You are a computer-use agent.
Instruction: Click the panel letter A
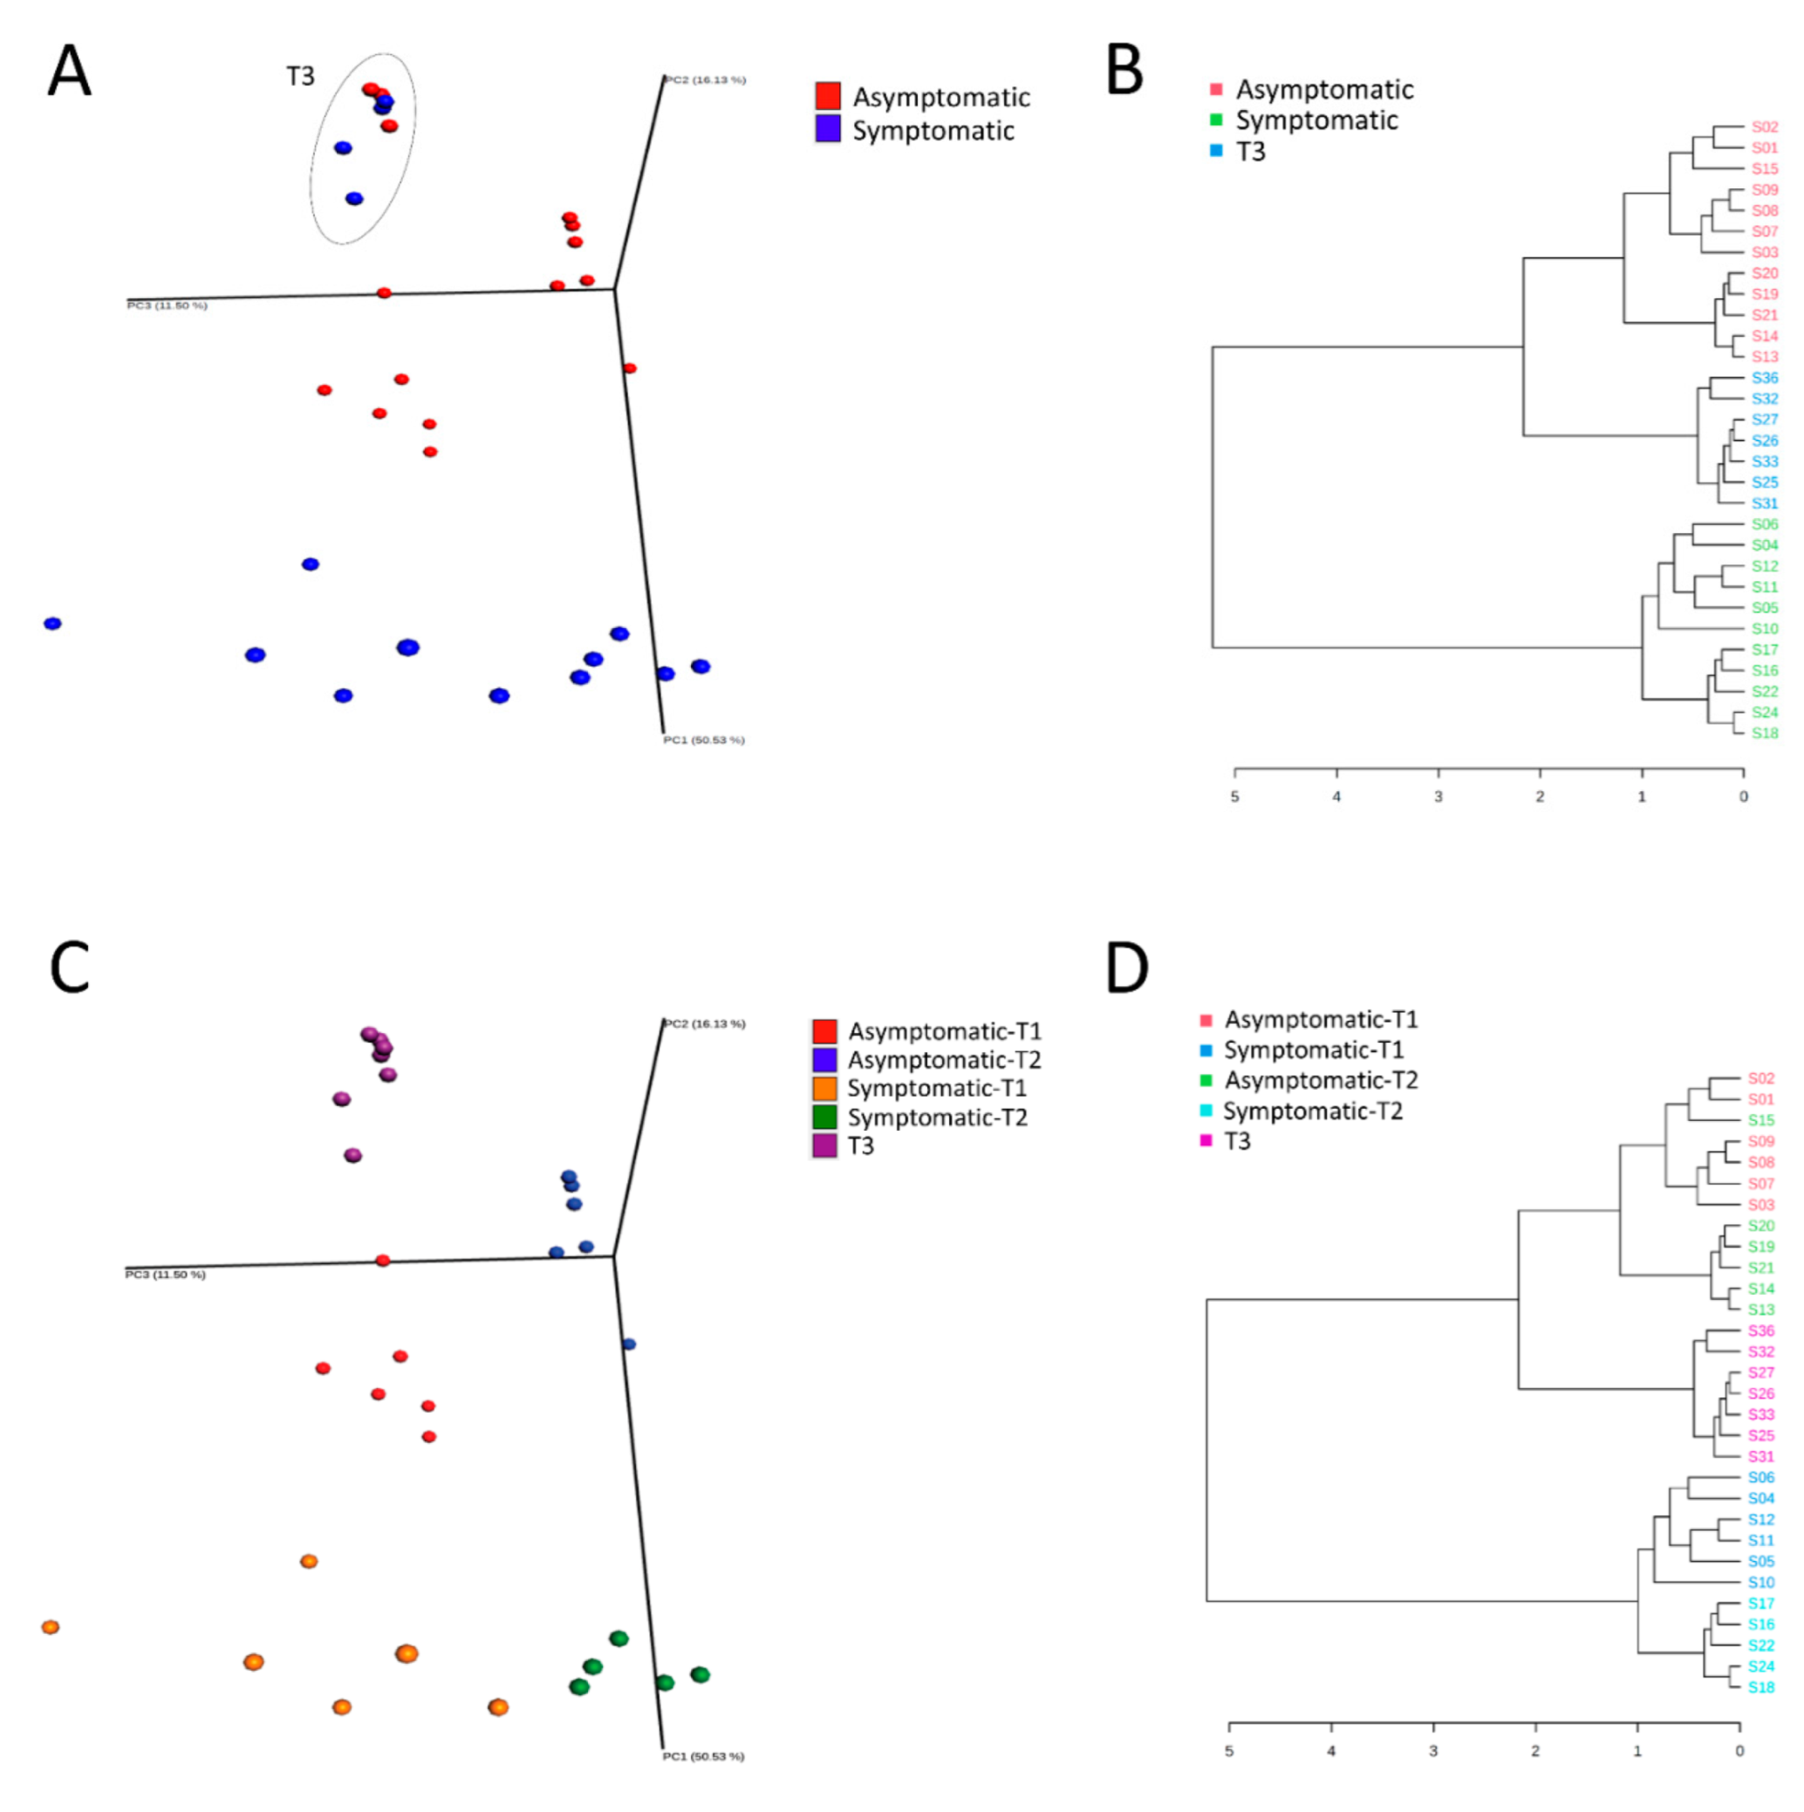pyautogui.click(x=70, y=72)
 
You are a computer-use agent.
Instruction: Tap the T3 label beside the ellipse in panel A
pyautogui.click(x=300, y=76)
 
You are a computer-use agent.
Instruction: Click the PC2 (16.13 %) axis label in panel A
pyautogui.click(x=705, y=80)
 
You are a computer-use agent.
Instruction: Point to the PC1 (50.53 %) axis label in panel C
pyautogui.click(x=703, y=1755)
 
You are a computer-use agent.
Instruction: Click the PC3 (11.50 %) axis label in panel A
pyautogui.click(x=167, y=305)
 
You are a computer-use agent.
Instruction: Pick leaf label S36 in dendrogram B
pyautogui.click(x=1764, y=378)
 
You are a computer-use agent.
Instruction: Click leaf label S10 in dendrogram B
pyautogui.click(x=1764, y=628)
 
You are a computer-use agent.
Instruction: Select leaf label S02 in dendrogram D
pyautogui.click(x=1760, y=1078)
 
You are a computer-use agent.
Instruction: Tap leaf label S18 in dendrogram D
pyautogui.click(x=1760, y=1687)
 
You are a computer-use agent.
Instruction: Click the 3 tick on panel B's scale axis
pyautogui.click(x=1438, y=797)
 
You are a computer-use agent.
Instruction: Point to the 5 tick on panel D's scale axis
pyautogui.click(x=1228, y=1751)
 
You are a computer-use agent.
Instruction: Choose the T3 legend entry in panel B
pyautogui.click(x=1250, y=152)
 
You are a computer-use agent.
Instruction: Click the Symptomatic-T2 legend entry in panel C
pyautogui.click(x=937, y=1117)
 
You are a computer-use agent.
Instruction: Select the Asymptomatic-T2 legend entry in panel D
pyautogui.click(x=1320, y=1080)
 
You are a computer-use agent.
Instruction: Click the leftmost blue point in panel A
pyautogui.click(x=52, y=624)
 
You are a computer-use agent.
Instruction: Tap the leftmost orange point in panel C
pyautogui.click(x=51, y=1627)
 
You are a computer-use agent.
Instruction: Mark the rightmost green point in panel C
pyautogui.click(x=700, y=1675)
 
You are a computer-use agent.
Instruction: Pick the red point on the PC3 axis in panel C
pyautogui.click(x=383, y=1261)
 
